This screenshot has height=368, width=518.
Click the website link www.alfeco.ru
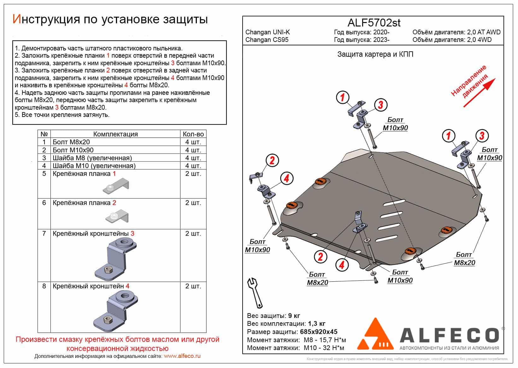(182, 356)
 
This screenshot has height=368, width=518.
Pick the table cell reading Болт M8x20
(71, 142)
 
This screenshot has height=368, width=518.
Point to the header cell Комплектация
(115, 134)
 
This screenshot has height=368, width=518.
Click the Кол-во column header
(193, 134)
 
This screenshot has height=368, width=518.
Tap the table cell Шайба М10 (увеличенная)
(94, 166)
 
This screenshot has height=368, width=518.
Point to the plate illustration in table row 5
(116, 187)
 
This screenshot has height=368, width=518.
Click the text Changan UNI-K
(268, 32)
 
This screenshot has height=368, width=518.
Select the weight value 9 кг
(294, 316)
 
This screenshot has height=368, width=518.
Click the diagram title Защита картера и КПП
(375, 55)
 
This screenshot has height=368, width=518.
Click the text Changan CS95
(267, 40)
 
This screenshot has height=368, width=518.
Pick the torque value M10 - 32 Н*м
(324, 348)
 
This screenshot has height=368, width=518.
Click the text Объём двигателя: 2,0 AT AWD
(456, 32)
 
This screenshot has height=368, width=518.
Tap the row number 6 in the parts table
(44, 203)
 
